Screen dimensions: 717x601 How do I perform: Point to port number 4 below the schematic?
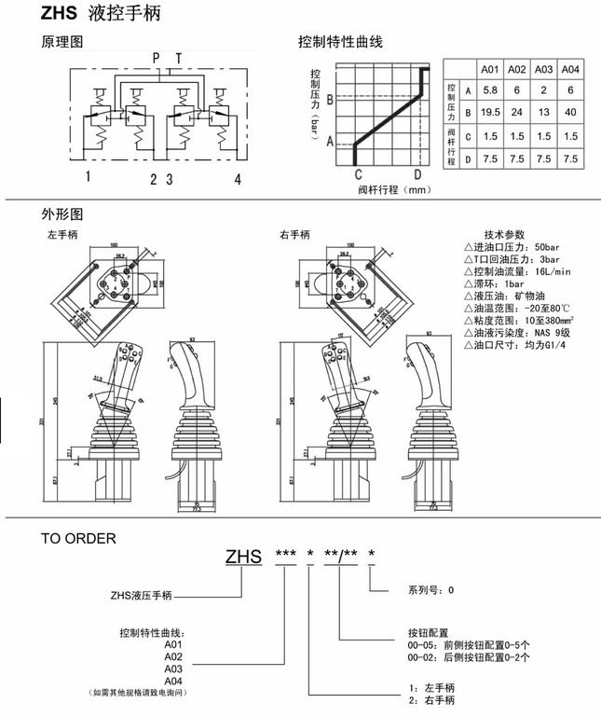pos(238,178)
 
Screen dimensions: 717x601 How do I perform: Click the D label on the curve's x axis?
pos(417,173)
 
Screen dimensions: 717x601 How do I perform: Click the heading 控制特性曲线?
pos(340,43)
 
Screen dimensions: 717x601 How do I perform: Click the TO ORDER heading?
pos(78,538)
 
